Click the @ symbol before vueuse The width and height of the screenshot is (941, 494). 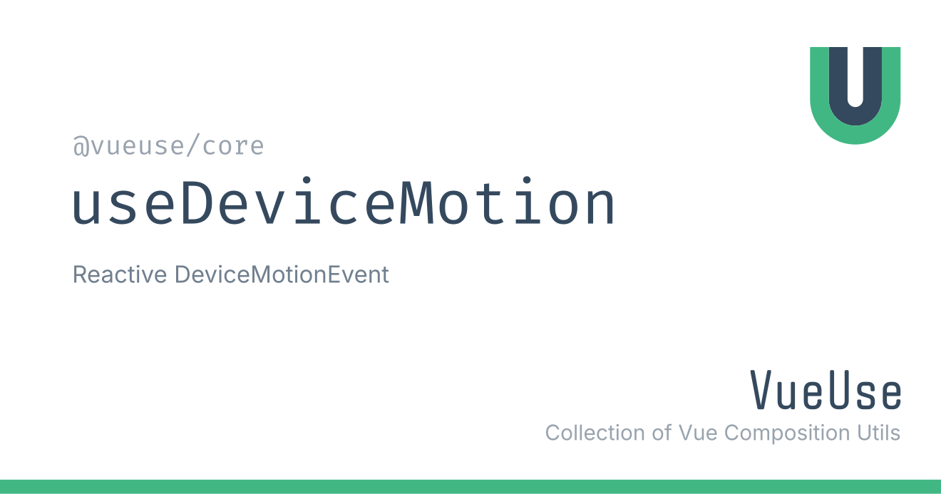click(x=81, y=147)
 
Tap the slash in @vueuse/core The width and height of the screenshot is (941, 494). click(x=193, y=145)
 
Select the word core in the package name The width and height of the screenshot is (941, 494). click(x=233, y=147)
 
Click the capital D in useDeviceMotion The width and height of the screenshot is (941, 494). click(x=196, y=203)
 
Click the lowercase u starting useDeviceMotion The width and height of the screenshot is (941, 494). click(x=86, y=208)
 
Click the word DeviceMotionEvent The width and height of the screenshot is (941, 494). click(x=282, y=274)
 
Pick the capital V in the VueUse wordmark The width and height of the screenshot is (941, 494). click(x=761, y=389)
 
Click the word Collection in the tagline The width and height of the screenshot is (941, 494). click(x=595, y=433)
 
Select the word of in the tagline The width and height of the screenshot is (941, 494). click(x=662, y=433)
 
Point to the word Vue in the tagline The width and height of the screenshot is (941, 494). click(x=698, y=433)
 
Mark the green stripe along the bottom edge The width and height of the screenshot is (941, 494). click(x=470, y=487)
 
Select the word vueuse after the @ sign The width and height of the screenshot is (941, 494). click(x=138, y=147)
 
